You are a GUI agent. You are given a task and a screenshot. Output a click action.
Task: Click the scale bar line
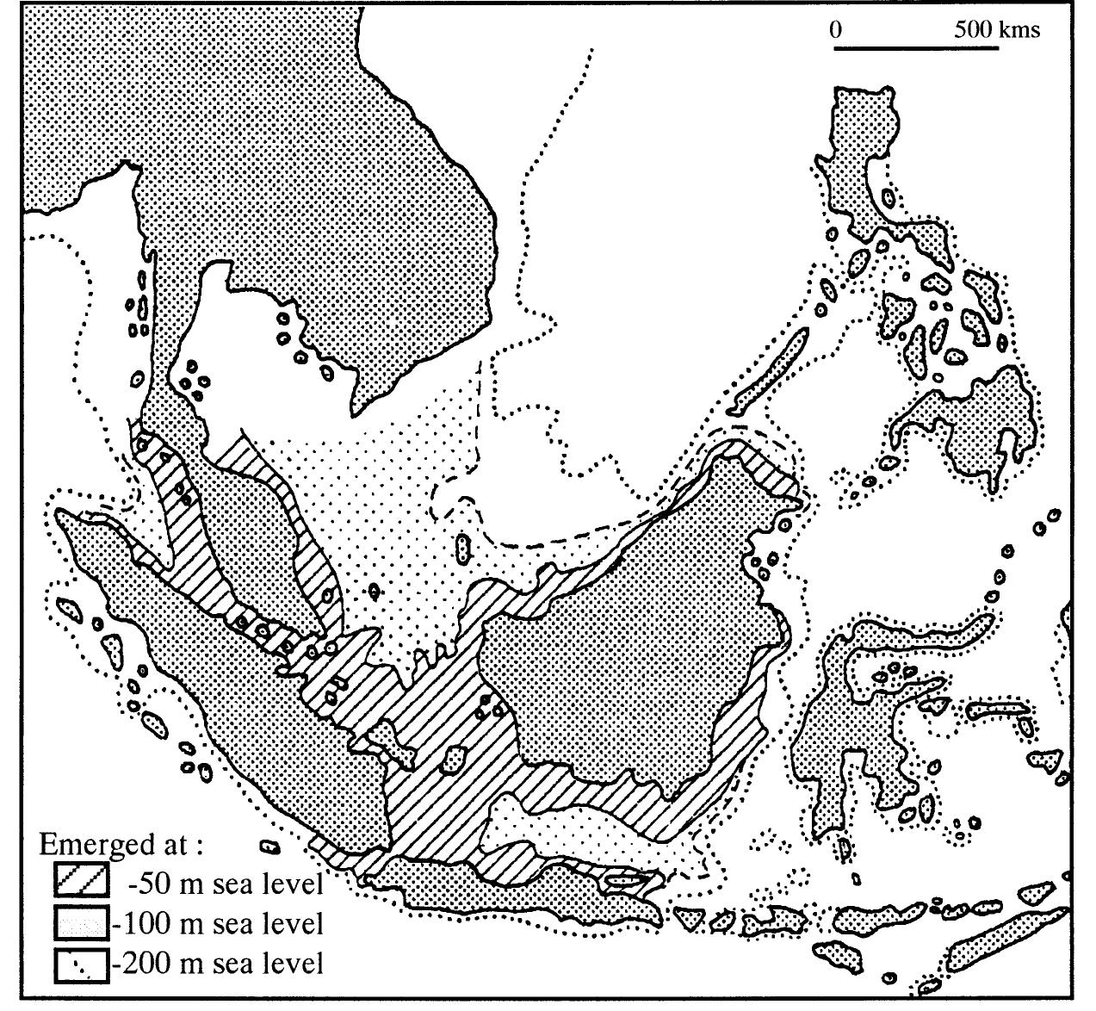click(915, 47)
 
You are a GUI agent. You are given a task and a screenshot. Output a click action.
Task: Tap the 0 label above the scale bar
click(836, 29)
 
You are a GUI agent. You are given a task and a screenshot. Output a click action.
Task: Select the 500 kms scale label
click(996, 29)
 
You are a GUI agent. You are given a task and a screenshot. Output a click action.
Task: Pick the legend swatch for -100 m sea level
click(82, 922)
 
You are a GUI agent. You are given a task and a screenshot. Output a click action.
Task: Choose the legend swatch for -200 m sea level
click(82, 963)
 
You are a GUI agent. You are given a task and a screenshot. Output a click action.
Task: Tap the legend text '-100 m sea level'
click(220, 923)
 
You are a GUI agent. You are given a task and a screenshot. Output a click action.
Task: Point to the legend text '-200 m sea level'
click(220, 963)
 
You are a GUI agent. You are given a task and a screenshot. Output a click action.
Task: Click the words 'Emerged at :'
click(121, 844)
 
